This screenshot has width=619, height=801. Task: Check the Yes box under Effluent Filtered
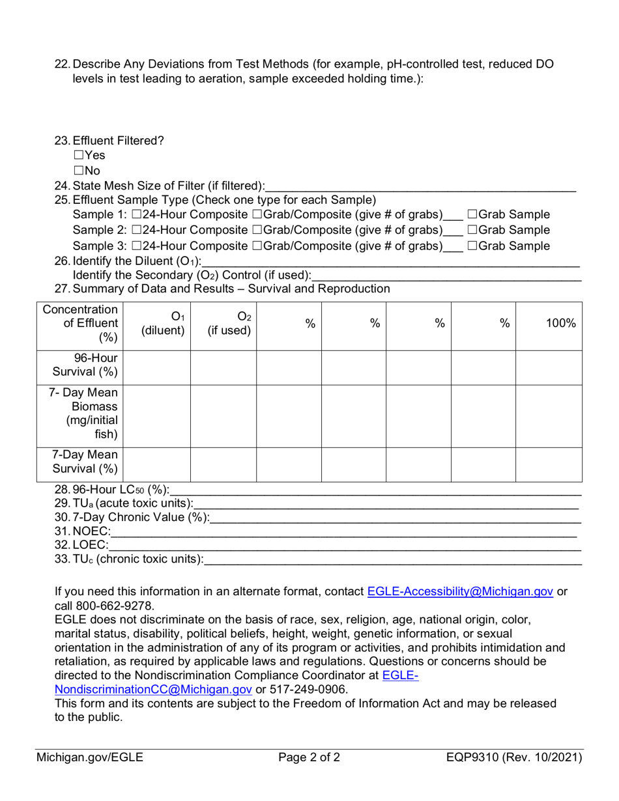78,156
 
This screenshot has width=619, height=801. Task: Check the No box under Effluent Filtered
78,171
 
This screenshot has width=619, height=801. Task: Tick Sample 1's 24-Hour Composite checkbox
136,215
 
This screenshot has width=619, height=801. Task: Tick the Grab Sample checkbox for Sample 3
472,246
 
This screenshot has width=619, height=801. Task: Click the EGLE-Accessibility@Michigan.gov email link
461,591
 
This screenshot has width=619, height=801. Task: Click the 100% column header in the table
560,323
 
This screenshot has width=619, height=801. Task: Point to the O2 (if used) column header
229,323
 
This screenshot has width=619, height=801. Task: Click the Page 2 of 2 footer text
309,757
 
